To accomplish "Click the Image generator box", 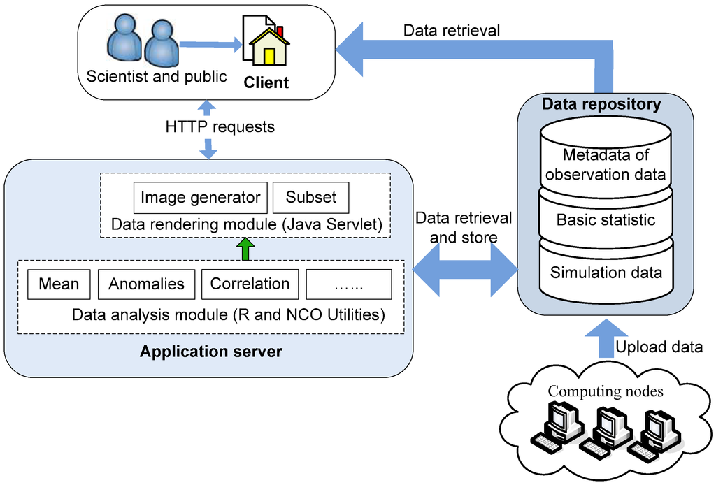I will tap(201, 198).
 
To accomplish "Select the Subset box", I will tap(310, 198).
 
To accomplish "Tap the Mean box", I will tap(59, 284).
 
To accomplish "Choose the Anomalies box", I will tap(147, 284).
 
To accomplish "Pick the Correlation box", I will tap(250, 284).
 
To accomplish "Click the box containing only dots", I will tap(349, 284).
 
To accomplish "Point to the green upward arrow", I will tap(244, 249).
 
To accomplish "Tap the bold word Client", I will tap(266, 82).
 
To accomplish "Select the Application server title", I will tap(211, 352).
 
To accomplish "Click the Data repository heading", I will tap(602, 105).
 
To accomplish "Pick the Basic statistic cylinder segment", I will tap(606, 220).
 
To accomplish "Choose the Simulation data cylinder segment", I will tap(606, 273).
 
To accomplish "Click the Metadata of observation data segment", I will tap(606, 164).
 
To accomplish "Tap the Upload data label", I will tap(659, 347).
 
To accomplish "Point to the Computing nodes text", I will tap(606, 391).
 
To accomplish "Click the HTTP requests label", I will tap(220, 127).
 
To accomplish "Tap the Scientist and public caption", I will tap(157, 76).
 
